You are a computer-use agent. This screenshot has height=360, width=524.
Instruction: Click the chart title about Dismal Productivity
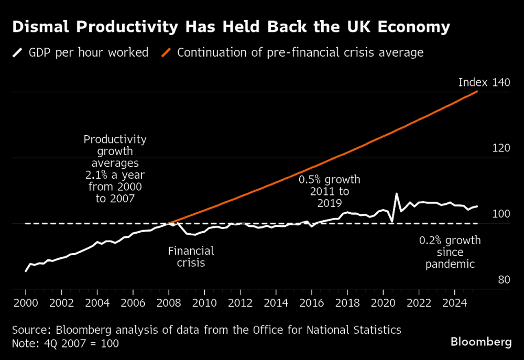click(x=231, y=27)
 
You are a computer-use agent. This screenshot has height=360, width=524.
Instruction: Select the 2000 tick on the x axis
click(x=26, y=303)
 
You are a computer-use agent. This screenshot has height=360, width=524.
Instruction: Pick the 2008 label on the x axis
click(x=169, y=303)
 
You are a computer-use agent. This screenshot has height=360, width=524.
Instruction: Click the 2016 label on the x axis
click(x=311, y=303)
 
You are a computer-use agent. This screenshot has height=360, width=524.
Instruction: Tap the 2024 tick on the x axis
click(x=454, y=303)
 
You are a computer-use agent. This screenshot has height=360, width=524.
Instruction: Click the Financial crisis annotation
click(x=191, y=257)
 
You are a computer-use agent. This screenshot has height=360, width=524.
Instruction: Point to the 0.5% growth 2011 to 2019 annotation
click(x=329, y=191)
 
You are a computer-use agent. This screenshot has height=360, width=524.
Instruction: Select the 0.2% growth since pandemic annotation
click(x=450, y=252)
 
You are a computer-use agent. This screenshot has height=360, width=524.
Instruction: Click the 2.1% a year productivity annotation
click(x=115, y=169)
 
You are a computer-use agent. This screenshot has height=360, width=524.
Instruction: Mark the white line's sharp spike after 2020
click(x=396, y=194)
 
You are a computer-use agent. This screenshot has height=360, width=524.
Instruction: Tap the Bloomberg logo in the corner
click(x=481, y=342)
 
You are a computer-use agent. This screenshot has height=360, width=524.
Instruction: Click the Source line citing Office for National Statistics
click(x=206, y=330)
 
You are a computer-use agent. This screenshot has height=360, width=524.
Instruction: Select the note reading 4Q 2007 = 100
click(x=65, y=343)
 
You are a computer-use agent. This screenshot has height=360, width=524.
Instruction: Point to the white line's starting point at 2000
click(x=26, y=271)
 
